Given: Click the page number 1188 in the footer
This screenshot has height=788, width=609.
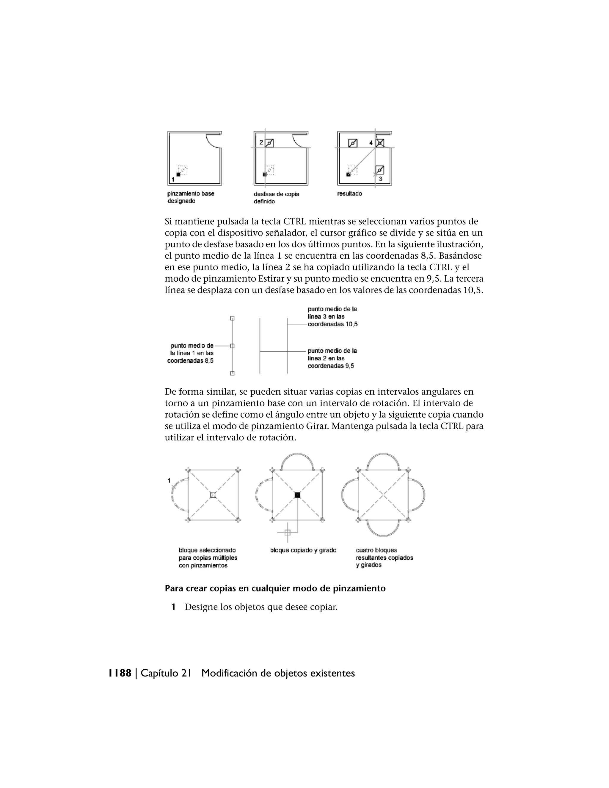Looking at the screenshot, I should (120, 673).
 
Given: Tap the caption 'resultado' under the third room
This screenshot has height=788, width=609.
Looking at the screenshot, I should (349, 194).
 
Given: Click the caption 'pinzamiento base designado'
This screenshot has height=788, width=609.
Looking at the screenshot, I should (191, 197).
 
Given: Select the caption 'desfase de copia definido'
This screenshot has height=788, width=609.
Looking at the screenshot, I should (276, 198).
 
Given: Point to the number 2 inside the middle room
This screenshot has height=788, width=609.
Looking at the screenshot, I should (261, 142).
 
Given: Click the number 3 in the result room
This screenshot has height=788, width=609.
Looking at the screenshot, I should (380, 179).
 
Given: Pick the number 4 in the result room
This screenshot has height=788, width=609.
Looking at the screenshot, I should (371, 143).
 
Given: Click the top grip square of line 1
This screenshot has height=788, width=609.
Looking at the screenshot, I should (232, 318).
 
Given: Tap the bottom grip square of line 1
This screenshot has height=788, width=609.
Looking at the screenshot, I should (232, 373).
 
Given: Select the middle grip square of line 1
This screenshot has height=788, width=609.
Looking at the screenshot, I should (232, 346).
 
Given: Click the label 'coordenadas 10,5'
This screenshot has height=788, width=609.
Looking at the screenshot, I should (332, 324).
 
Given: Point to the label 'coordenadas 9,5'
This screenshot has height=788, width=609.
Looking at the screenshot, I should (331, 366).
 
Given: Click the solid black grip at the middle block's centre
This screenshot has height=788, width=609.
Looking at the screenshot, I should (297, 495).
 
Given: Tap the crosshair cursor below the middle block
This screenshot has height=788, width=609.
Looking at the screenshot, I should (288, 532).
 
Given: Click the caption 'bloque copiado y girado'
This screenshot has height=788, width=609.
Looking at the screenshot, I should (303, 550).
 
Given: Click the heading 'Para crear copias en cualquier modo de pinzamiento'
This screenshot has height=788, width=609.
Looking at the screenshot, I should (275, 588).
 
